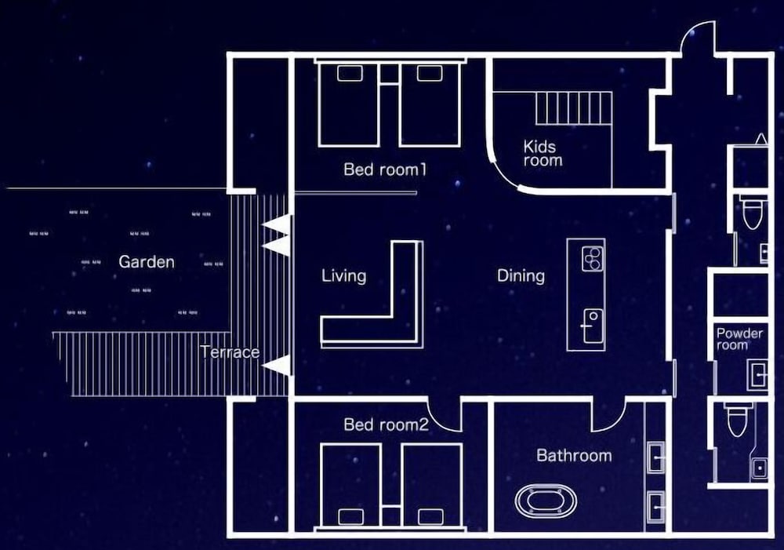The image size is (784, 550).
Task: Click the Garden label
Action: pos(147,262)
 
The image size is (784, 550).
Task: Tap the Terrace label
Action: pos(230,352)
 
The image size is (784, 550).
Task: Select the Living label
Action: pos(343,275)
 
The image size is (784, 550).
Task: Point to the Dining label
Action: pos(521,275)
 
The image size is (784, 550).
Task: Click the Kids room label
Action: pos(543,153)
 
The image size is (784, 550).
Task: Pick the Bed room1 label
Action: pos(385,169)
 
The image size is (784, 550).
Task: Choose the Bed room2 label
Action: pos(386,424)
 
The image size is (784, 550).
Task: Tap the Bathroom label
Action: pos(574,455)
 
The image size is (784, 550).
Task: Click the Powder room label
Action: pos(739,339)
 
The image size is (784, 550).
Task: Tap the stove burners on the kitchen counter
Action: pos(593,258)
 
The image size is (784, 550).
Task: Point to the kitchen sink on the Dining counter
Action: pos(593,326)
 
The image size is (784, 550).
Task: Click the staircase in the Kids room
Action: pos(574,108)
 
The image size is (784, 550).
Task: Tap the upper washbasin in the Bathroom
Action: pos(656,457)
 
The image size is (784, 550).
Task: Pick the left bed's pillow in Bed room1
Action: pos(350,73)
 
